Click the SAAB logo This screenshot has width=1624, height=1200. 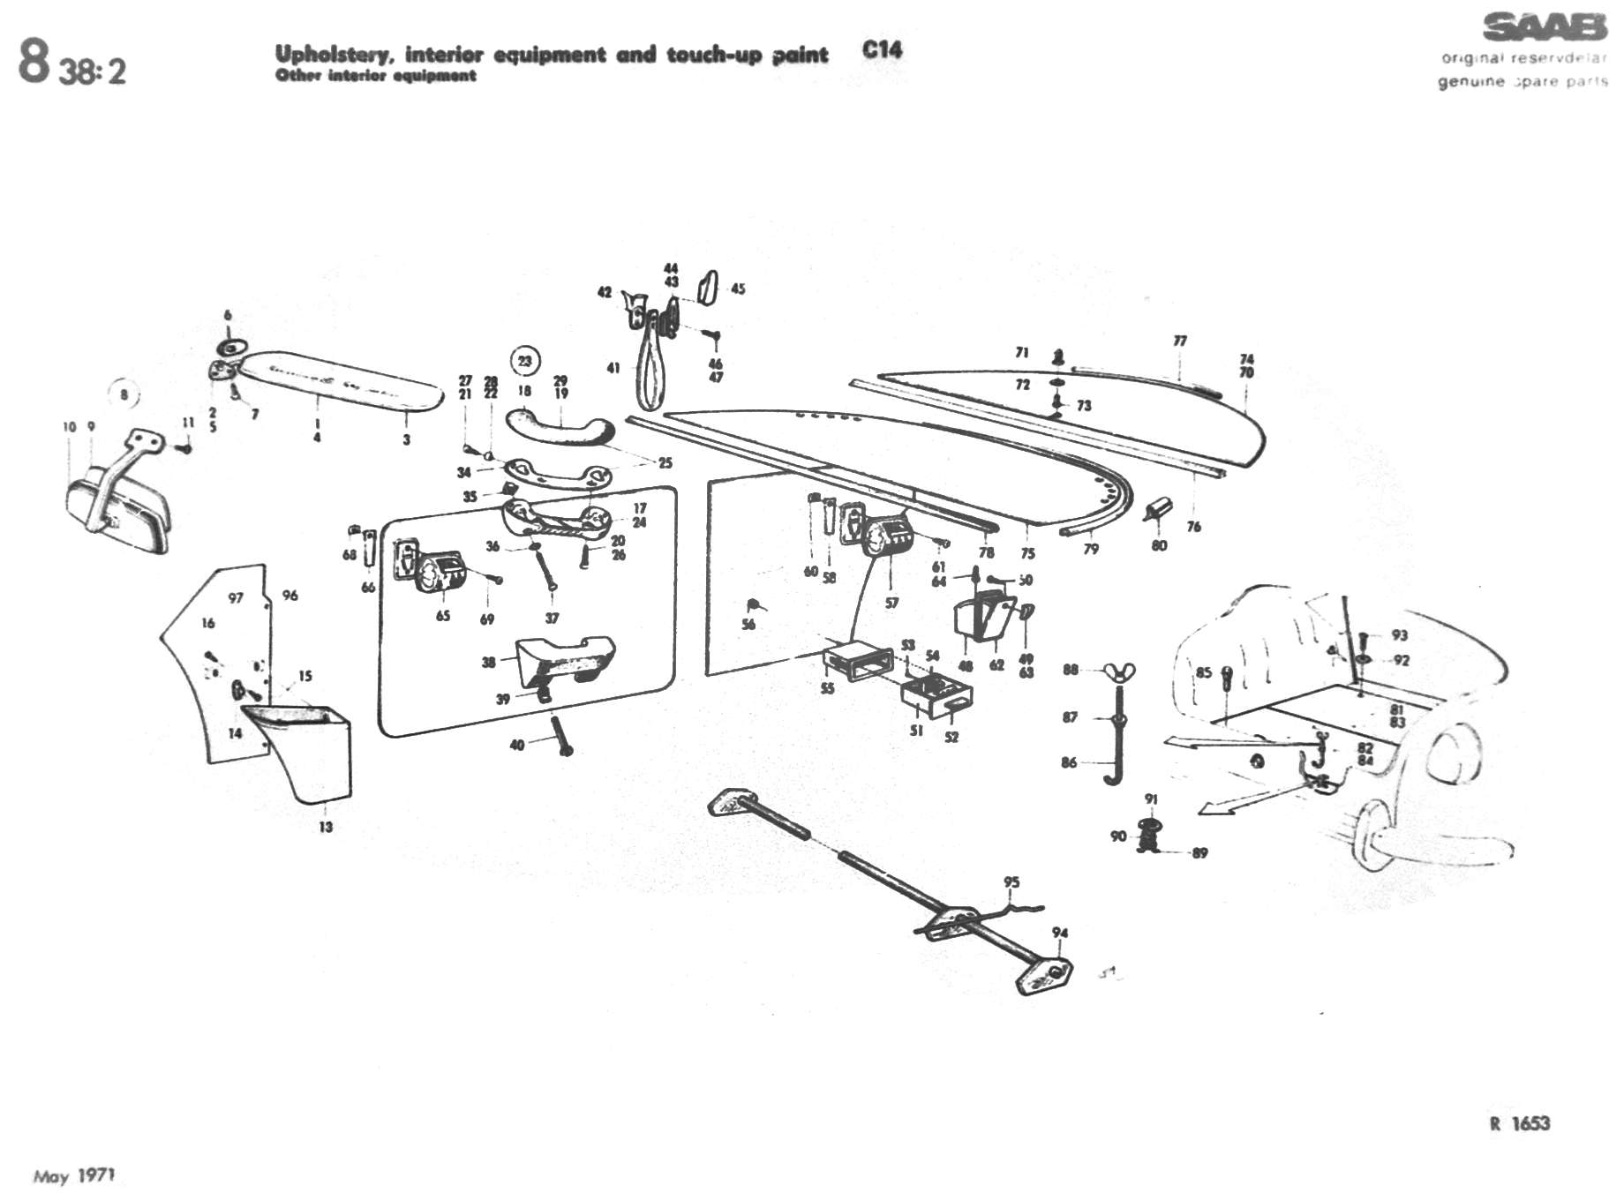(x=1544, y=27)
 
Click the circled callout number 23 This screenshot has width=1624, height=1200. (x=525, y=361)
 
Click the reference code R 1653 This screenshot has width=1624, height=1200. (x=1519, y=1123)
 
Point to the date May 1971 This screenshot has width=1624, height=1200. (x=74, y=1176)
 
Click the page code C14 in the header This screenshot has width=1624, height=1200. (x=882, y=50)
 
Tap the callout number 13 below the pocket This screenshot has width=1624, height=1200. (x=326, y=827)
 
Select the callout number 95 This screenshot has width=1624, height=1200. (x=1011, y=882)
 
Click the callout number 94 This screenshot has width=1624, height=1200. (x=1060, y=933)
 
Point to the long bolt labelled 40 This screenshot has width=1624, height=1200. (x=560, y=736)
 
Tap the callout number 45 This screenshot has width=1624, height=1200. (x=738, y=289)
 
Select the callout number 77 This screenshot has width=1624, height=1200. (x=1180, y=341)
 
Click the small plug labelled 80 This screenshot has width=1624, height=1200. (x=1156, y=509)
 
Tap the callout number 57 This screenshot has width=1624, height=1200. (x=891, y=603)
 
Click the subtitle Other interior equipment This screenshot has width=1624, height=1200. (x=375, y=76)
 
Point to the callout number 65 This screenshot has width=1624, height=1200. (x=443, y=615)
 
